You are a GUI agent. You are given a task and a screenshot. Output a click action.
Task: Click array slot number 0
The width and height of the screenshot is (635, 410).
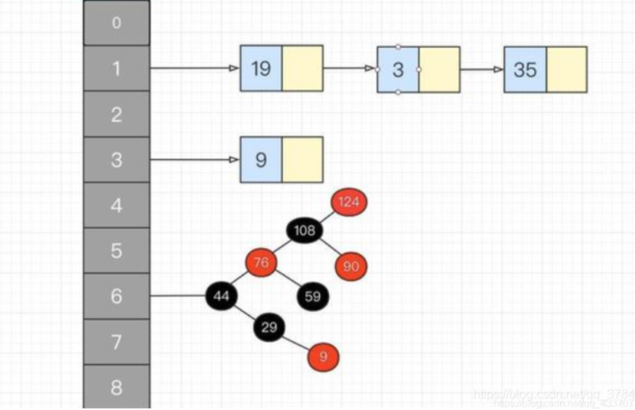coord(116,23)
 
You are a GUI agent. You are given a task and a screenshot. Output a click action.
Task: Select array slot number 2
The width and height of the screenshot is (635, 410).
coord(116,115)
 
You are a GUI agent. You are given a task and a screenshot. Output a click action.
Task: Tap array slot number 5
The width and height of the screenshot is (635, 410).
coord(116,251)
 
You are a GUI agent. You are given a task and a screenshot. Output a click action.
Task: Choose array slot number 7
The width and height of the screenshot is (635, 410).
coord(116,342)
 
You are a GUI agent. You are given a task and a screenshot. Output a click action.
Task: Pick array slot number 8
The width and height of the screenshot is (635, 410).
coord(116,386)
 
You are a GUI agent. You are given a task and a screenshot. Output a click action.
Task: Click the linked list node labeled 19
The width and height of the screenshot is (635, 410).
coord(261,69)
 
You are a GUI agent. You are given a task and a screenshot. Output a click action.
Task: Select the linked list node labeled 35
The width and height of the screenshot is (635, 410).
coord(525,70)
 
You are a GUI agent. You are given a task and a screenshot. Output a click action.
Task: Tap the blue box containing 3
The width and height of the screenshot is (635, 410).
coord(398,70)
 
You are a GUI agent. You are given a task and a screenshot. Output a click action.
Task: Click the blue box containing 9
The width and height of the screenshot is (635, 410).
coord(261,160)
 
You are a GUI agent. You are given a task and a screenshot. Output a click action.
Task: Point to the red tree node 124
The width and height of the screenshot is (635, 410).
coord(350,203)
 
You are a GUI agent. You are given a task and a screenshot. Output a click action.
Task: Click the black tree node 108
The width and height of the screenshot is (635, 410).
coord(305,230)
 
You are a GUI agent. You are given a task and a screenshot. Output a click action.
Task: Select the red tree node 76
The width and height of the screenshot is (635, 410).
coord(262,263)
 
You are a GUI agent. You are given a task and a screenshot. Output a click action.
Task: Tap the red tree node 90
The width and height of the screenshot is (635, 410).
coord(351,266)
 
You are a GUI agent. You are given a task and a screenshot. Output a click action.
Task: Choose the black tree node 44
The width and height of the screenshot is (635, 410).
coord(222,296)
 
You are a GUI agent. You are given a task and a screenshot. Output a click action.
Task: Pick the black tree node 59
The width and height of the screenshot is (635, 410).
coord(312,297)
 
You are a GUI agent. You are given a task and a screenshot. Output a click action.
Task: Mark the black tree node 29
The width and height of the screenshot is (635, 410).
coord(269,328)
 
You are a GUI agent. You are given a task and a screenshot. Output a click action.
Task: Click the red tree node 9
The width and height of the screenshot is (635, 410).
coord(323,356)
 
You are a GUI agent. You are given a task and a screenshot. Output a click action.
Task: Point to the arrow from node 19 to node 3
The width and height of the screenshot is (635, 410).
coord(350,69)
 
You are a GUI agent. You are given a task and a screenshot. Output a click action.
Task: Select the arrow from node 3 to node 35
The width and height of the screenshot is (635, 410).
coord(481,69)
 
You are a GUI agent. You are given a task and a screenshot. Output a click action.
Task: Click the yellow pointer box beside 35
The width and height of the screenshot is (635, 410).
coord(567,70)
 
